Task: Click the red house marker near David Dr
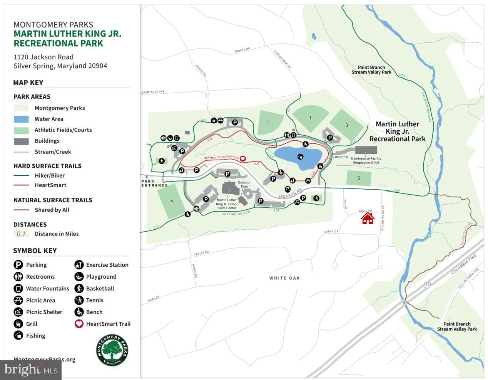tap(368, 218)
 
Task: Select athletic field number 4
tap(172, 201)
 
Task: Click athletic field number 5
tap(359, 178)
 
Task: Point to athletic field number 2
tap(269, 123)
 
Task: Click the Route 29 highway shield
tap(427, 285)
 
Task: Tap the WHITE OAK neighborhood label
tap(284, 278)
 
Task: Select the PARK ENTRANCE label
tap(154, 183)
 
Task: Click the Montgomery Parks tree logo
tap(112, 350)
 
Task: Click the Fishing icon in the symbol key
tap(18, 336)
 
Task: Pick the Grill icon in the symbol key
tap(18, 324)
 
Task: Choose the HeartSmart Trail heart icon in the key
tap(79, 324)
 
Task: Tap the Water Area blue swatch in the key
tap(21, 119)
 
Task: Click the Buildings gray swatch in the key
tap(21, 141)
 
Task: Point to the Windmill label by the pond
tap(341, 157)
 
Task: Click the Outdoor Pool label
tap(244, 184)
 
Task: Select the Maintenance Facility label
tap(366, 160)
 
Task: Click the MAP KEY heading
tap(28, 83)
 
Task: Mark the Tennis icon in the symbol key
tap(79, 300)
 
